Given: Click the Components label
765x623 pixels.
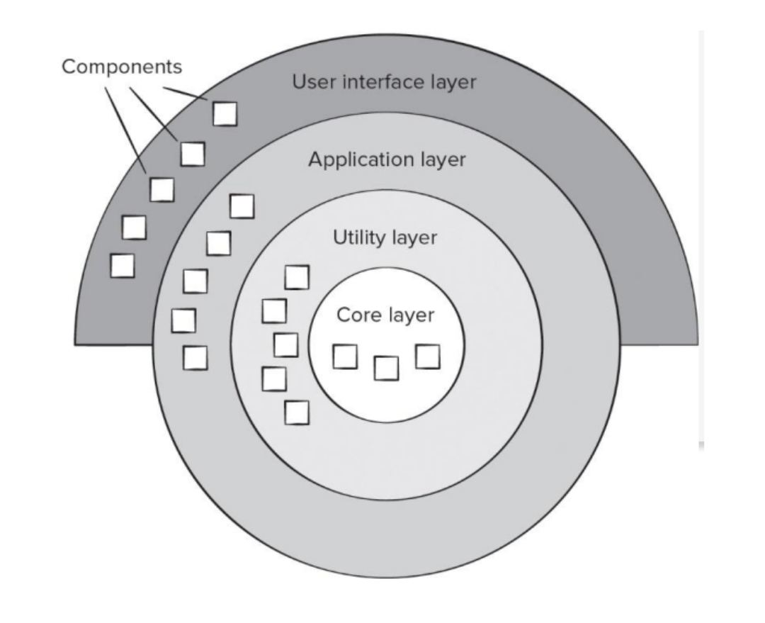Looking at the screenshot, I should click(x=121, y=67).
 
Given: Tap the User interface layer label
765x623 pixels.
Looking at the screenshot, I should click(x=385, y=82).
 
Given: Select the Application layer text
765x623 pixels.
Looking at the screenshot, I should click(x=387, y=159).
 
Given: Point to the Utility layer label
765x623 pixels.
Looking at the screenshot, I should click(x=385, y=237).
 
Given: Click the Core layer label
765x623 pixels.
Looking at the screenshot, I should click(x=385, y=315).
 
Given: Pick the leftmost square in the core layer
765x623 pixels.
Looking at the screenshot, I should click(x=345, y=357).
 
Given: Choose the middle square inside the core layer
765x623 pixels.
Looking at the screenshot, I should click(x=386, y=368).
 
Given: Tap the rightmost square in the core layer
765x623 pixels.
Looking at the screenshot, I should click(x=428, y=357).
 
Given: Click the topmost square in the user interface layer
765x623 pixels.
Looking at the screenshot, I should click(x=225, y=113).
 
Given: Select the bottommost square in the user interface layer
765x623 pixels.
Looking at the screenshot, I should click(x=123, y=265).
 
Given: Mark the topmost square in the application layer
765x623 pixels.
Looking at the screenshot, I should click(x=242, y=206).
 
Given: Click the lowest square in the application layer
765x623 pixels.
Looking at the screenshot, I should click(x=195, y=357).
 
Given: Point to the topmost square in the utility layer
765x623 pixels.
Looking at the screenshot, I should click(x=297, y=277).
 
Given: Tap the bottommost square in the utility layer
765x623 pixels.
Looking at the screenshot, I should click(x=297, y=412).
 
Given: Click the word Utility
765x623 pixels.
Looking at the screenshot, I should click(x=358, y=237).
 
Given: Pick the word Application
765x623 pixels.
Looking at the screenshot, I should click(x=349, y=159).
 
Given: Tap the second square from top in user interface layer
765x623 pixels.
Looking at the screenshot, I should click(x=193, y=153).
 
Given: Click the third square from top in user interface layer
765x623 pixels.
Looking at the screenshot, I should click(x=161, y=189).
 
